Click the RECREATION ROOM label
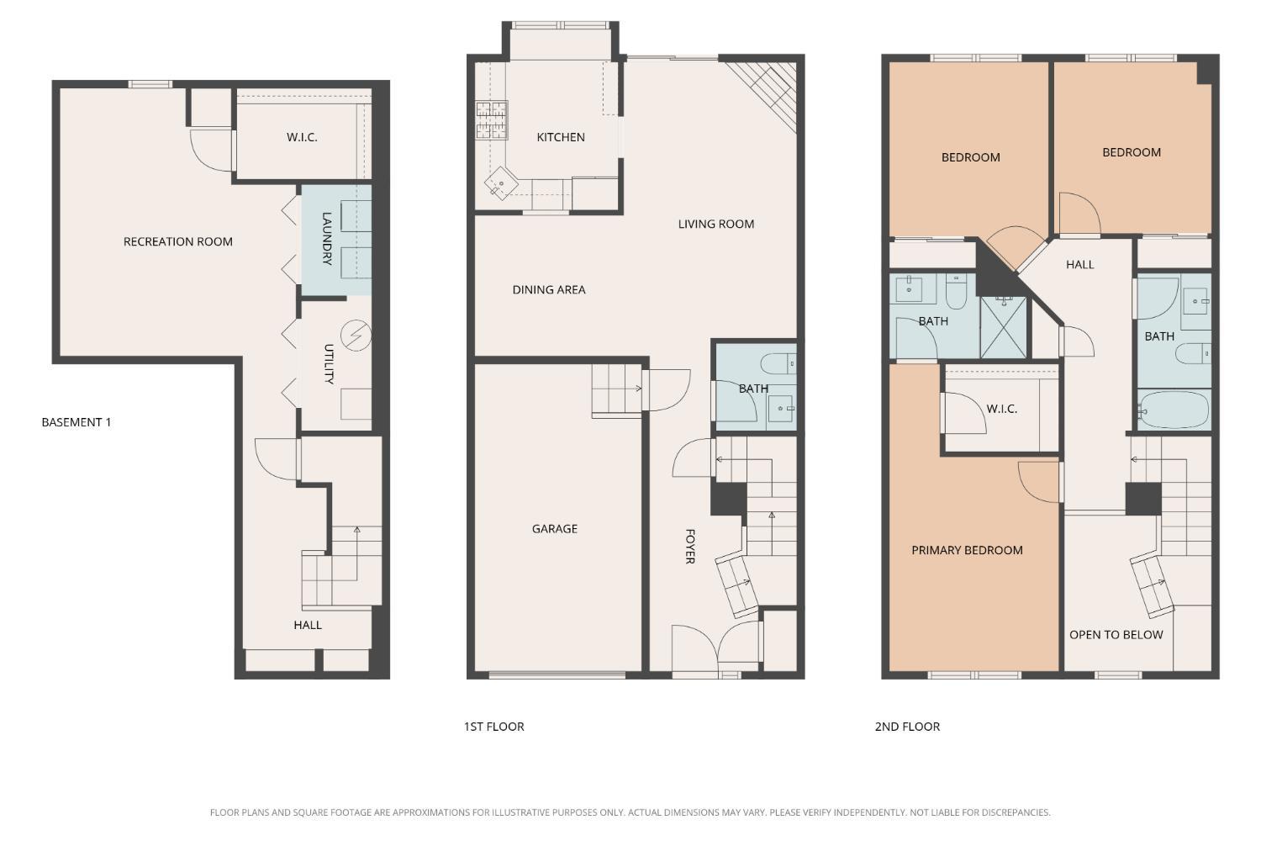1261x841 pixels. coord(178,241)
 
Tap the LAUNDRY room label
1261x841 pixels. coord(327,238)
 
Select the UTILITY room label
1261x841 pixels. coord(330,364)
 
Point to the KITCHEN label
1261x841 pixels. coord(561,137)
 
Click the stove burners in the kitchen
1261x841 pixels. coord(492,120)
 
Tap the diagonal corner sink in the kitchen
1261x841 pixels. coord(501,182)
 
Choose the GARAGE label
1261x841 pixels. coord(555,528)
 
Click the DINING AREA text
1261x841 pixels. coord(549,289)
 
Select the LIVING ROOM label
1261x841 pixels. coord(716,224)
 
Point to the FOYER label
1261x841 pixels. coord(690,547)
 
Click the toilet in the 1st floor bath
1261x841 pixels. coord(778,364)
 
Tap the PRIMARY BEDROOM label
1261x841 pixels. coord(967,550)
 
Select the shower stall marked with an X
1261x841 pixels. coord(1003,327)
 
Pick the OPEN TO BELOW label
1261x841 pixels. coord(1116,635)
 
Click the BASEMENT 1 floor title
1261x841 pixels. coord(77,422)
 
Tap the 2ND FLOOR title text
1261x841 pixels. coord(907,727)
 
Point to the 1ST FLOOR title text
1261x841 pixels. coord(493,727)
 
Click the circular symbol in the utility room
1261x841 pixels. coord(356,336)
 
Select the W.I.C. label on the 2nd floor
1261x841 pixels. coord(1002,409)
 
